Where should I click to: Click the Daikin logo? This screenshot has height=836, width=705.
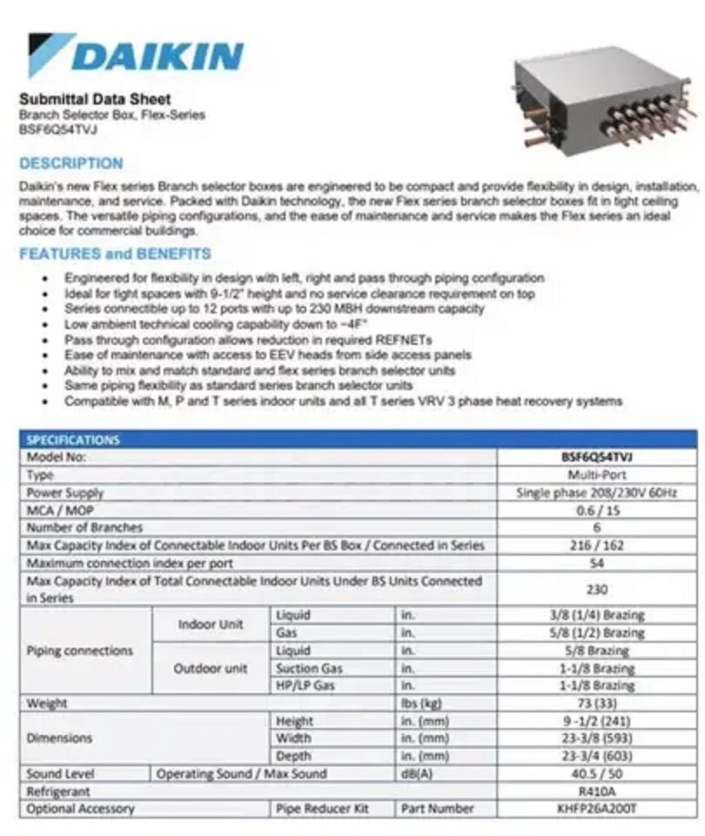tap(135, 55)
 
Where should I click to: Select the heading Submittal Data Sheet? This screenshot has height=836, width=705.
tap(95, 99)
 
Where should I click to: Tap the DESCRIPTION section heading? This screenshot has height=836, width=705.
tap(71, 163)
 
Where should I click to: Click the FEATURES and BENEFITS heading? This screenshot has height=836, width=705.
tap(115, 254)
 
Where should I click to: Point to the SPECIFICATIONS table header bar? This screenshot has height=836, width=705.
tap(357, 440)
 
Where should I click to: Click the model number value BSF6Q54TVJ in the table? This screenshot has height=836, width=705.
tap(597, 457)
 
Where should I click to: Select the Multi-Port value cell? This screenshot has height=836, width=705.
tap(597, 475)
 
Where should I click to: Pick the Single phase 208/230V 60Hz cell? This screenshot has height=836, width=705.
tap(597, 493)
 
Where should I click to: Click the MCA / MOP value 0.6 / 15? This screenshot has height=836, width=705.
tap(597, 510)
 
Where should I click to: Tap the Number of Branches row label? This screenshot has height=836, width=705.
tap(84, 528)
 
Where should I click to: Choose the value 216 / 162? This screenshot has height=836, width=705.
tap(597, 545)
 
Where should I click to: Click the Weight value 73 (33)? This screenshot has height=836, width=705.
tap(597, 704)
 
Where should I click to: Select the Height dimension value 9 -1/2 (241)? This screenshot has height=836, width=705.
tap(597, 721)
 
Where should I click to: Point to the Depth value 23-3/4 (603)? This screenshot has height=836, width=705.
tap(597, 756)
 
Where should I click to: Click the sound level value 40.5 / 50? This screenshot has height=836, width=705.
tap(597, 774)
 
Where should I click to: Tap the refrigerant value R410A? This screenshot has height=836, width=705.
tap(597, 792)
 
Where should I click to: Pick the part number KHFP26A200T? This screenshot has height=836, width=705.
tap(597, 809)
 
